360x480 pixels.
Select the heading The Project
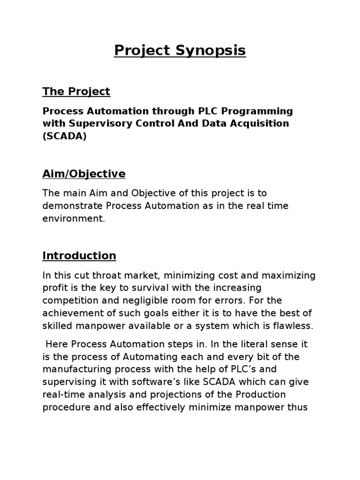point(76,91)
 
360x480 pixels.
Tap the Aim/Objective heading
point(84,174)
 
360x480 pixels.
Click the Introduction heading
point(79,256)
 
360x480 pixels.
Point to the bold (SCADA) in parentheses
point(64,136)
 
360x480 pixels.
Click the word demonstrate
point(73,206)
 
